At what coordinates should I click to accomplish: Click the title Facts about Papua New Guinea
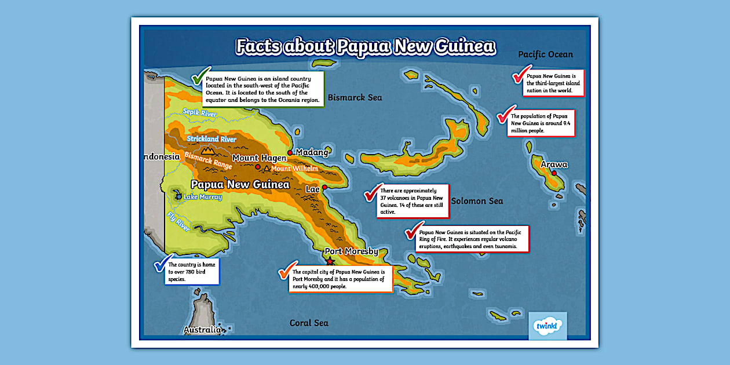[365, 46]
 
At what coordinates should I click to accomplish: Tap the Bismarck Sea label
[355, 97]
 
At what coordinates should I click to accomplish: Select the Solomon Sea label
[477, 201]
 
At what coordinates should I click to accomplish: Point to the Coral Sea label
[309, 323]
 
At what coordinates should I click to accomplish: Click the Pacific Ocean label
[545, 54]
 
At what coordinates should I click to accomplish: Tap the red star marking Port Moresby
[330, 262]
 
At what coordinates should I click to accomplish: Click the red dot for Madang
[290, 152]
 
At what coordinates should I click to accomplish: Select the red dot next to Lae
[324, 188]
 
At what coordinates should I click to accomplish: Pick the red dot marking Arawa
[554, 173]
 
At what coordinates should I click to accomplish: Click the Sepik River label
[199, 112]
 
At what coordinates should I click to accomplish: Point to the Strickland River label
[211, 139]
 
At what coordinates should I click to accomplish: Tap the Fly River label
[178, 221]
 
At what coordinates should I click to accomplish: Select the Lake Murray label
[202, 197]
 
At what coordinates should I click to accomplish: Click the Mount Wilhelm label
[294, 169]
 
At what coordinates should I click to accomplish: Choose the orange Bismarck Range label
[208, 160]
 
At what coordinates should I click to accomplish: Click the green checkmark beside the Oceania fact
[200, 76]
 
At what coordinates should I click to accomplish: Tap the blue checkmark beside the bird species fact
[162, 263]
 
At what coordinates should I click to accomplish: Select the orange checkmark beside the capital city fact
[286, 271]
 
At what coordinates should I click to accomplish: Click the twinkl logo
[547, 326]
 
